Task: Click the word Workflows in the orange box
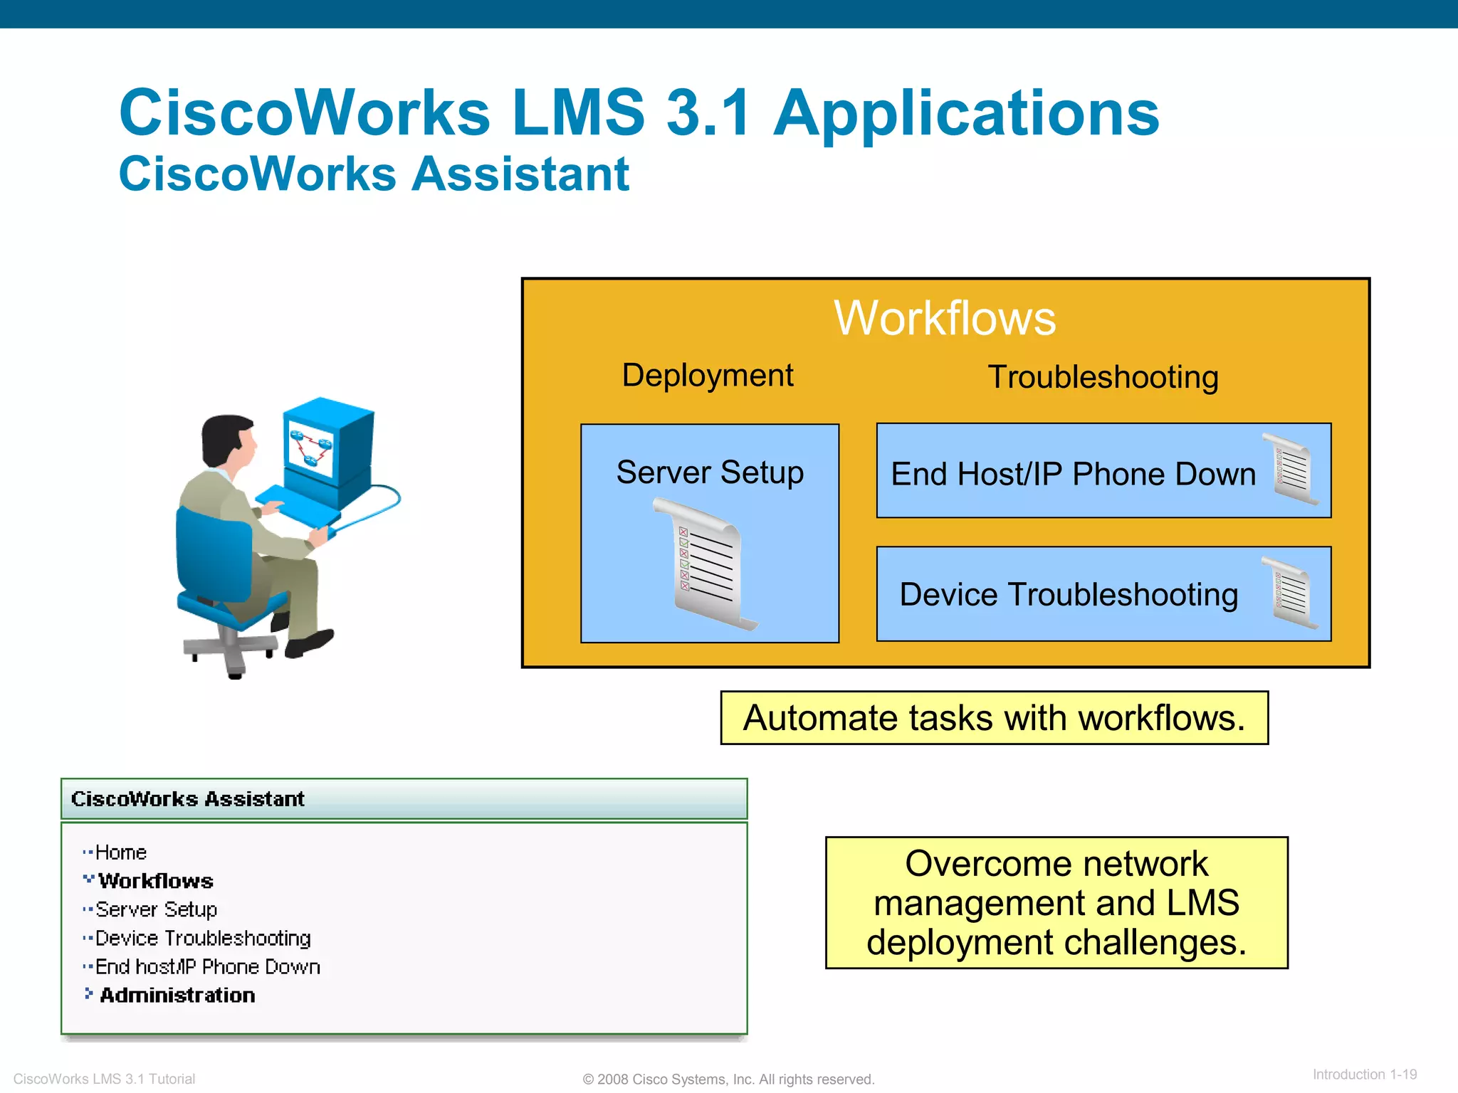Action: pos(945,318)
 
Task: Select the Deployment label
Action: pos(708,375)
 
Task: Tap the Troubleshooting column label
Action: pos(1103,377)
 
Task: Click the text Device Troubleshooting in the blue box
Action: pos(1068,594)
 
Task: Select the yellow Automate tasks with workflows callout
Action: pos(994,718)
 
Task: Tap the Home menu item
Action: pos(120,852)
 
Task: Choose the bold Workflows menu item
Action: pos(155,881)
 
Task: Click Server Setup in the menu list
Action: pos(156,909)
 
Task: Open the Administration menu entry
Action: pos(177,996)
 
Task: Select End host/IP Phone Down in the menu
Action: pos(207,967)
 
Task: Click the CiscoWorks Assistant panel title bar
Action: pos(404,799)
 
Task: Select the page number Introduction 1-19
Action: pos(1364,1074)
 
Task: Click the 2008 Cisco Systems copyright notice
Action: pos(728,1079)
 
